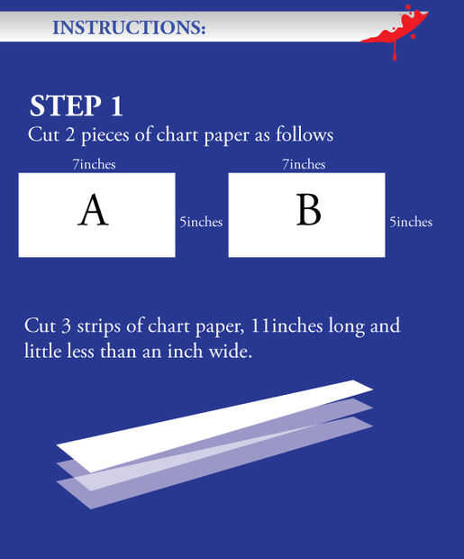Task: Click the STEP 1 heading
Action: tap(77, 105)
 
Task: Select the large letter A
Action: tap(93, 209)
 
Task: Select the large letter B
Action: tap(309, 210)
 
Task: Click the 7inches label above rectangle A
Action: tap(94, 164)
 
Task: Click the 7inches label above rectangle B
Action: tap(304, 164)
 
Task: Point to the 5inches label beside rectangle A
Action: tap(201, 222)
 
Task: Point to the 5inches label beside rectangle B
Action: tap(411, 222)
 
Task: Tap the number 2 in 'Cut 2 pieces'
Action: tap(70, 134)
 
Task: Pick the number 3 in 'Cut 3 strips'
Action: tap(66, 326)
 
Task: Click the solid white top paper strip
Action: tap(215, 426)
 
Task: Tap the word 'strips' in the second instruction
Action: tap(99, 327)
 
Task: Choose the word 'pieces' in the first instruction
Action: tap(105, 136)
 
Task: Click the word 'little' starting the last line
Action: tap(42, 351)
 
